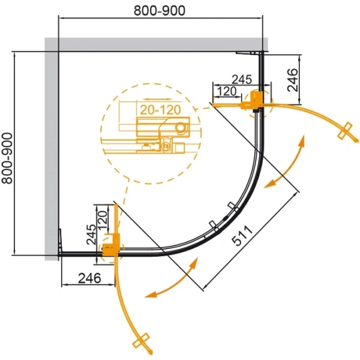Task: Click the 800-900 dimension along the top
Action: (160, 11)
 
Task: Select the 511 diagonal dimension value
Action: (242, 236)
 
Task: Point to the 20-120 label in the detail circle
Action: (160, 110)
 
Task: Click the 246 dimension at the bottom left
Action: (89, 278)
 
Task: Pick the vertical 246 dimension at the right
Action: (293, 80)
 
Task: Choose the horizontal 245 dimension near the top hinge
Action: (242, 80)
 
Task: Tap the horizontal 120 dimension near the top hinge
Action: (227, 91)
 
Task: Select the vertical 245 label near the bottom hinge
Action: (91, 234)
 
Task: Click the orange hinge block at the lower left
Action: (111, 245)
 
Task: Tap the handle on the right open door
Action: (345, 130)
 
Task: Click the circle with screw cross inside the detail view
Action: (165, 145)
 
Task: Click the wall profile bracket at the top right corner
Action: (250, 53)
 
